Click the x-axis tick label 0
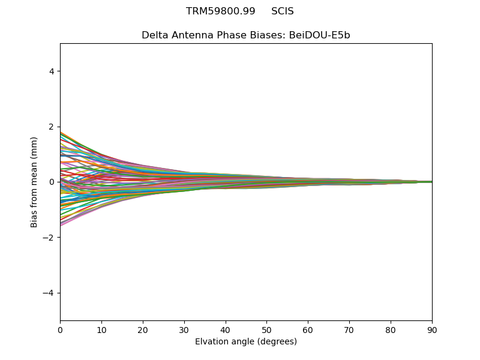point(60,329)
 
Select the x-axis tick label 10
point(101,329)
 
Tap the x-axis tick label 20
point(143,329)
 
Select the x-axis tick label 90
point(432,329)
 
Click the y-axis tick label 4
point(52,71)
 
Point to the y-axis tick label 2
point(52,127)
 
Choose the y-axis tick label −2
point(49,238)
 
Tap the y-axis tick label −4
point(49,293)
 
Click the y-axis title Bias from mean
point(35,182)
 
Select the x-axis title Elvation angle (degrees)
point(246,341)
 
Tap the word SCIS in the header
point(283,11)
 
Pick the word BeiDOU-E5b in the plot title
point(320,35)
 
